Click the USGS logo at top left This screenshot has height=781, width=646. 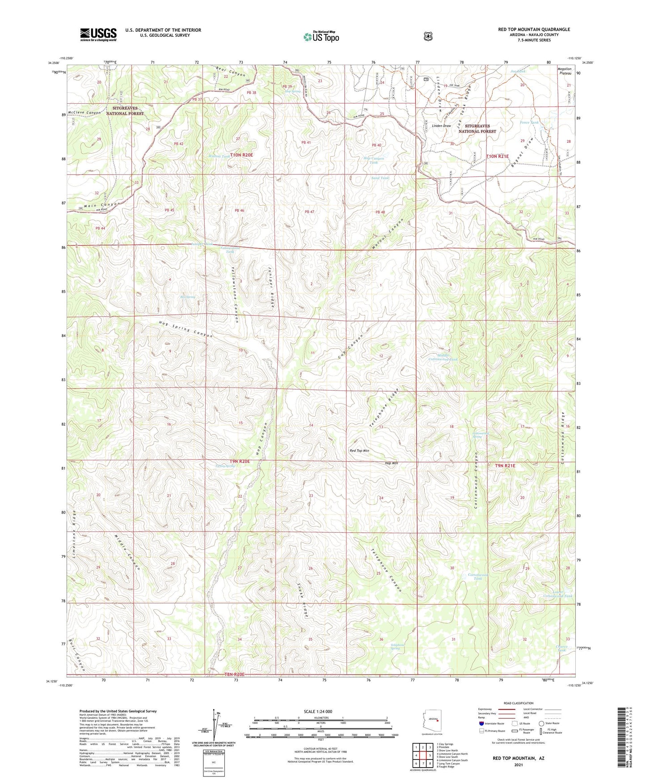coord(98,34)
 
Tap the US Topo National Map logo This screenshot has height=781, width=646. coord(321,37)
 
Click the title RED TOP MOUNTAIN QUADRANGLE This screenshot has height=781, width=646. coord(534,30)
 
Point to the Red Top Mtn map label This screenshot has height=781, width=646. coord(359,451)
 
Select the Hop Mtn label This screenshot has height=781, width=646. coord(391,463)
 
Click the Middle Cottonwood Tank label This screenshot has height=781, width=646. coord(443,356)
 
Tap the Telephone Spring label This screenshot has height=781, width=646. coord(397,647)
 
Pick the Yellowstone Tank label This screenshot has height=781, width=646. coord(230,250)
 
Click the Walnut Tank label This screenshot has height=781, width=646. coord(219,156)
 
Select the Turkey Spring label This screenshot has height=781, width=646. coord(225,466)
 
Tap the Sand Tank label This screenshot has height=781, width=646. coord(380,178)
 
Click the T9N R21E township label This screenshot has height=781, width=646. coord(505,466)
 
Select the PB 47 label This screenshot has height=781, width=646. coord(309,212)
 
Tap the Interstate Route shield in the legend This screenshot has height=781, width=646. coord(481,723)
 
